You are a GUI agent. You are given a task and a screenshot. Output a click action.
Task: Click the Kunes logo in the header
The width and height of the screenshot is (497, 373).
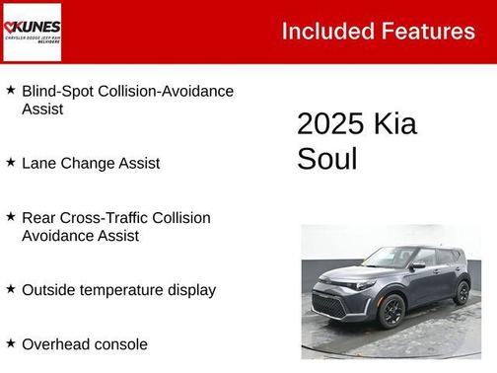pos(33,32)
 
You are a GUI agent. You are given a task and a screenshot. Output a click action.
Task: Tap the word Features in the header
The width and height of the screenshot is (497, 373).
pos(426,31)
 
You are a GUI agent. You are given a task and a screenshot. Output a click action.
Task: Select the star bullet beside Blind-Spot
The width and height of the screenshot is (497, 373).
pos(10,90)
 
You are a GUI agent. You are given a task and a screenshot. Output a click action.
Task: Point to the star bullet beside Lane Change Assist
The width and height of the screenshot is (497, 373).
pos(10,162)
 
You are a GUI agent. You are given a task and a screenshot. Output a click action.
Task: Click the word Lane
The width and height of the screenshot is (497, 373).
pos(37,163)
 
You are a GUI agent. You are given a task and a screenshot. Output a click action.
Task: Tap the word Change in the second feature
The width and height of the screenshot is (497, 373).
pos(87,163)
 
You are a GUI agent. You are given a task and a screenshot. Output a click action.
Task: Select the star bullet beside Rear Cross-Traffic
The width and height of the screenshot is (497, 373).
pos(10,216)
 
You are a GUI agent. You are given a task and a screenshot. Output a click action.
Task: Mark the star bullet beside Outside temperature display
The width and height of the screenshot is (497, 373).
pos(10,289)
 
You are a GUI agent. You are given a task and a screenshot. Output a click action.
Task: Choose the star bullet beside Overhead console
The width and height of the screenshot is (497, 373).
pos(10,343)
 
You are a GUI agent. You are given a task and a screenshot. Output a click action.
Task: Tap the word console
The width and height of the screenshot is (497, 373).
pos(120,344)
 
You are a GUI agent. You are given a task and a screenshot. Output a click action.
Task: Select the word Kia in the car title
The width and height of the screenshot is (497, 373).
pos(395,123)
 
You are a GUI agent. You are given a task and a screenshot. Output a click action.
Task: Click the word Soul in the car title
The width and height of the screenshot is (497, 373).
pos(326,159)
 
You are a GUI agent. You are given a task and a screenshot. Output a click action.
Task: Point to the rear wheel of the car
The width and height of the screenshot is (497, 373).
pos(461,292)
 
